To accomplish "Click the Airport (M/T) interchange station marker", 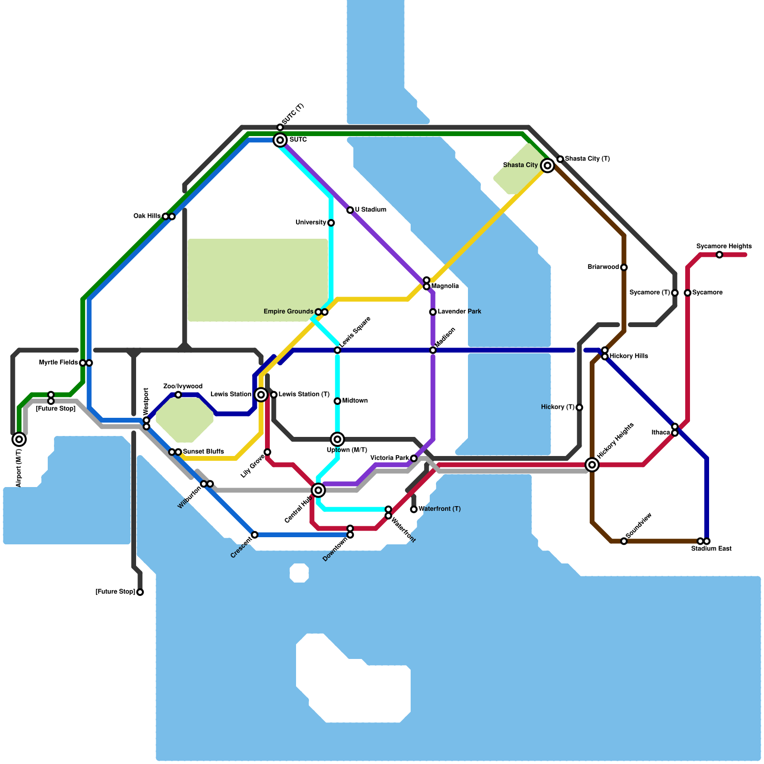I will (19, 439).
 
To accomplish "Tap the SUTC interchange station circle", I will (280, 140).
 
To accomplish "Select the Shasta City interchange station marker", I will (548, 165).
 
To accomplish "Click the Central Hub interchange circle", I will (318, 490).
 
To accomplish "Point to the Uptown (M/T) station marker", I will (338, 439).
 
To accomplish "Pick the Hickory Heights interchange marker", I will (592, 465).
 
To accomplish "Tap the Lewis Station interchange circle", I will (261, 394).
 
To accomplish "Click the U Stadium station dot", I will (350, 210).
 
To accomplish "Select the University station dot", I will (331, 223).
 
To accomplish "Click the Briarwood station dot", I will (624, 267).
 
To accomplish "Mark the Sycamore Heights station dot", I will (719, 255).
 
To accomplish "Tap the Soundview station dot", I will (624, 541).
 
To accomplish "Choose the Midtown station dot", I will (338, 401).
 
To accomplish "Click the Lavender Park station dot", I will (433, 312).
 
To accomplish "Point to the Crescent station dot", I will (255, 535).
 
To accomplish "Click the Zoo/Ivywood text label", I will (183, 386).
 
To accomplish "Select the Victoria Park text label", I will (390, 458).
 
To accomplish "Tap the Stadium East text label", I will (711, 549).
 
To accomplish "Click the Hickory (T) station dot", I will (579, 407).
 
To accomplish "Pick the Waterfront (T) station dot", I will (414, 509).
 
